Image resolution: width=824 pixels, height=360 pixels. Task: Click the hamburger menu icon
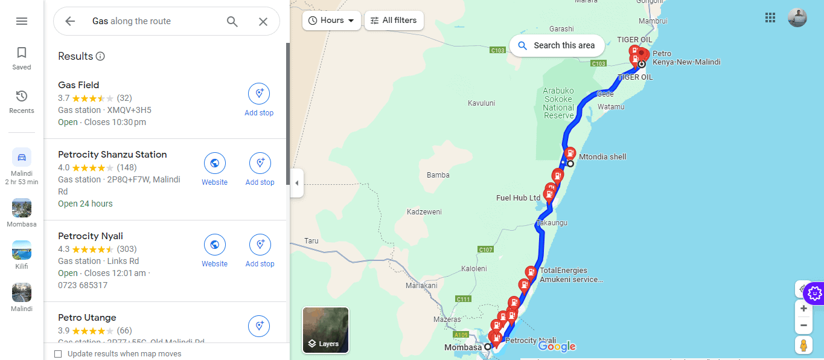pos(22,21)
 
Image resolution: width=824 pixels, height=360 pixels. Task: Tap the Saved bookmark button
pos(22,58)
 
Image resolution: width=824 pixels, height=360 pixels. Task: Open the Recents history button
pos(22,101)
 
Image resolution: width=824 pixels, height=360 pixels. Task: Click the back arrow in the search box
pos(70,21)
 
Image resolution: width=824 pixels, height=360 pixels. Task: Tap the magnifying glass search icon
pos(232,21)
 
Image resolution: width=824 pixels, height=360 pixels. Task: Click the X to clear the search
pos(263,21)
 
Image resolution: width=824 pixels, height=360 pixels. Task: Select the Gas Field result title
pos(78,85)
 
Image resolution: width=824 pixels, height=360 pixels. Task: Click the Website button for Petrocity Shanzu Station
pos(214,169)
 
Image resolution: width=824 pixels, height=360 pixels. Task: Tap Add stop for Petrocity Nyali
pos(260,250)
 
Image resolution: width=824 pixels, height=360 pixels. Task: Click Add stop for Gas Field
pos(259,100)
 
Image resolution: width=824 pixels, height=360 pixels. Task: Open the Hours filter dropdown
pos(331,21)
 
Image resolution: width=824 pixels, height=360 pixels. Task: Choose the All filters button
pos(394,21)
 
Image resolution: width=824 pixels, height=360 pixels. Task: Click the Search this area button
pos(557,45)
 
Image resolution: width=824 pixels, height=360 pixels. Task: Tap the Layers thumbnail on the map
pos(325,330)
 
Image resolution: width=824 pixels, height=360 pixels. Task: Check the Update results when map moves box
pos(58,354)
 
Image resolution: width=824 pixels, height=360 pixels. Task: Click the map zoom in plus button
pos(803,309)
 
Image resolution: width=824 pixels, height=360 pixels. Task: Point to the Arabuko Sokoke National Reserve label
pos(558,103)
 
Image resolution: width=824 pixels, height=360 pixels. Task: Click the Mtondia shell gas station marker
pos(569,153)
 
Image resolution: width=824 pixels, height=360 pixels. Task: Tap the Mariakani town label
pos(421,285)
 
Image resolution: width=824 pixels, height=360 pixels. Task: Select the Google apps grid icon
pos(770,18)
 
